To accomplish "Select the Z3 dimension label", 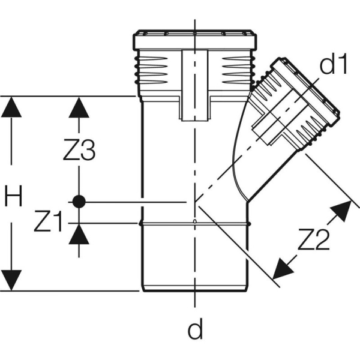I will [79, 152].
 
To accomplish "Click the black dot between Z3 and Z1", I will [78, 202].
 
